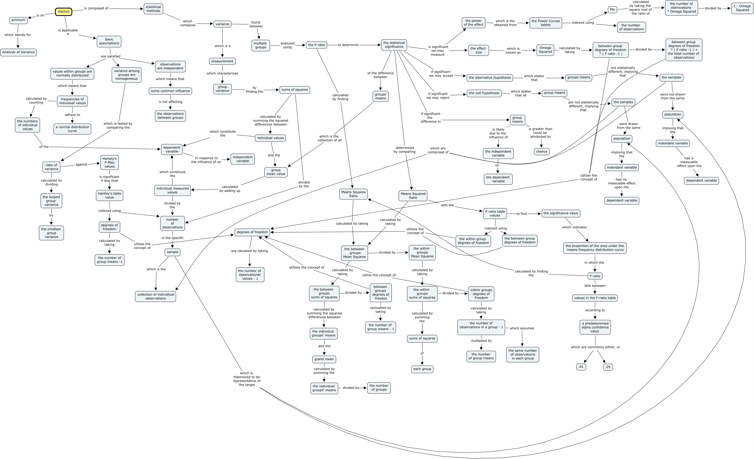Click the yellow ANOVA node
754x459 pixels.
click(64, 12)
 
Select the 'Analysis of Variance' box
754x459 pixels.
click(18, 52)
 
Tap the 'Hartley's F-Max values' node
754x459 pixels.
click(109, 163)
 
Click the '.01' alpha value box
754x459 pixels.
click(581, 367)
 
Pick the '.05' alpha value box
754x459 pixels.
click(608, 367)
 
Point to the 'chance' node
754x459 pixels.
click(542, 151)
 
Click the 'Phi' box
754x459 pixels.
click(612, 10)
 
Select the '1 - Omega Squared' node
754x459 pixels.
click(742, 8)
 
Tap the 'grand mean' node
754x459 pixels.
click(324, 359)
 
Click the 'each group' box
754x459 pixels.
click(422, 369)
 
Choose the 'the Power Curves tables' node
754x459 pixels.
click(546, 23)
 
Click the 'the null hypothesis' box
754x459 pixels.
click(484, 93)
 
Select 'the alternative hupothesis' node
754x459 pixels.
click(490, 78)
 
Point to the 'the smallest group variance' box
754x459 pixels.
click(52, 233)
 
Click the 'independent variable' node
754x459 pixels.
click(243, 159)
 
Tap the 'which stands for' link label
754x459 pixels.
click(18, 35)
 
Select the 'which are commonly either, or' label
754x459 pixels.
click(595, 347)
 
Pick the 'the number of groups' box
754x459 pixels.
click(379, 388)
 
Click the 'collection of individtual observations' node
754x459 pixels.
click(155, 296)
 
